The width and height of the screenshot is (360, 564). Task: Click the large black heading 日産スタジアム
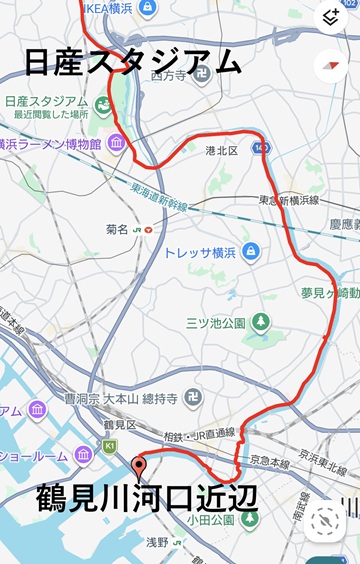(x=132, y=62)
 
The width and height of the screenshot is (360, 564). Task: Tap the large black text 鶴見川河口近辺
(x=147, y=497)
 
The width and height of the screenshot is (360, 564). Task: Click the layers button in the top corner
(x=329, y=17)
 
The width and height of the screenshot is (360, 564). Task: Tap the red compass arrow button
(x=329, y=66)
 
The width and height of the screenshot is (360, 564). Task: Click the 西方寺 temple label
(x=171, y=75)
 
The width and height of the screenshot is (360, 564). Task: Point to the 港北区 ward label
(x=221, y=150)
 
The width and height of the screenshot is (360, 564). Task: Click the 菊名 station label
(x=118, y=229)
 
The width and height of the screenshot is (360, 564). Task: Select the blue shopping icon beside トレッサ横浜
(x=250, y=251)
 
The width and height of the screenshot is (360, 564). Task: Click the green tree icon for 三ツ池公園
(x=260, y=322)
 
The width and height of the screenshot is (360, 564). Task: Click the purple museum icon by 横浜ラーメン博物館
(x=117, y=145)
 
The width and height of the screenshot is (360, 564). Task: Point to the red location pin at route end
(x=139, y=464)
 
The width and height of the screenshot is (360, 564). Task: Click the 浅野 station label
(x=158, y=542)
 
